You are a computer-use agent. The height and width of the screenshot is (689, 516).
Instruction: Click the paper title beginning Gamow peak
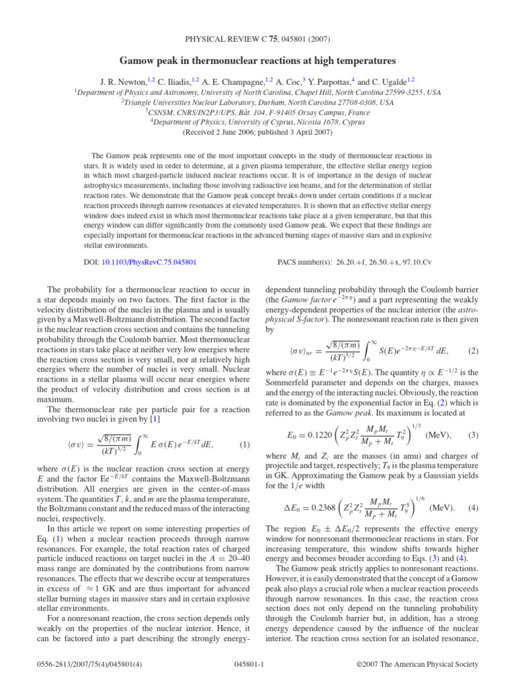[x=257, y=60]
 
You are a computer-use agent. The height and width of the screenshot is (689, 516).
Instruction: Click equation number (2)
[x=473, y=351]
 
